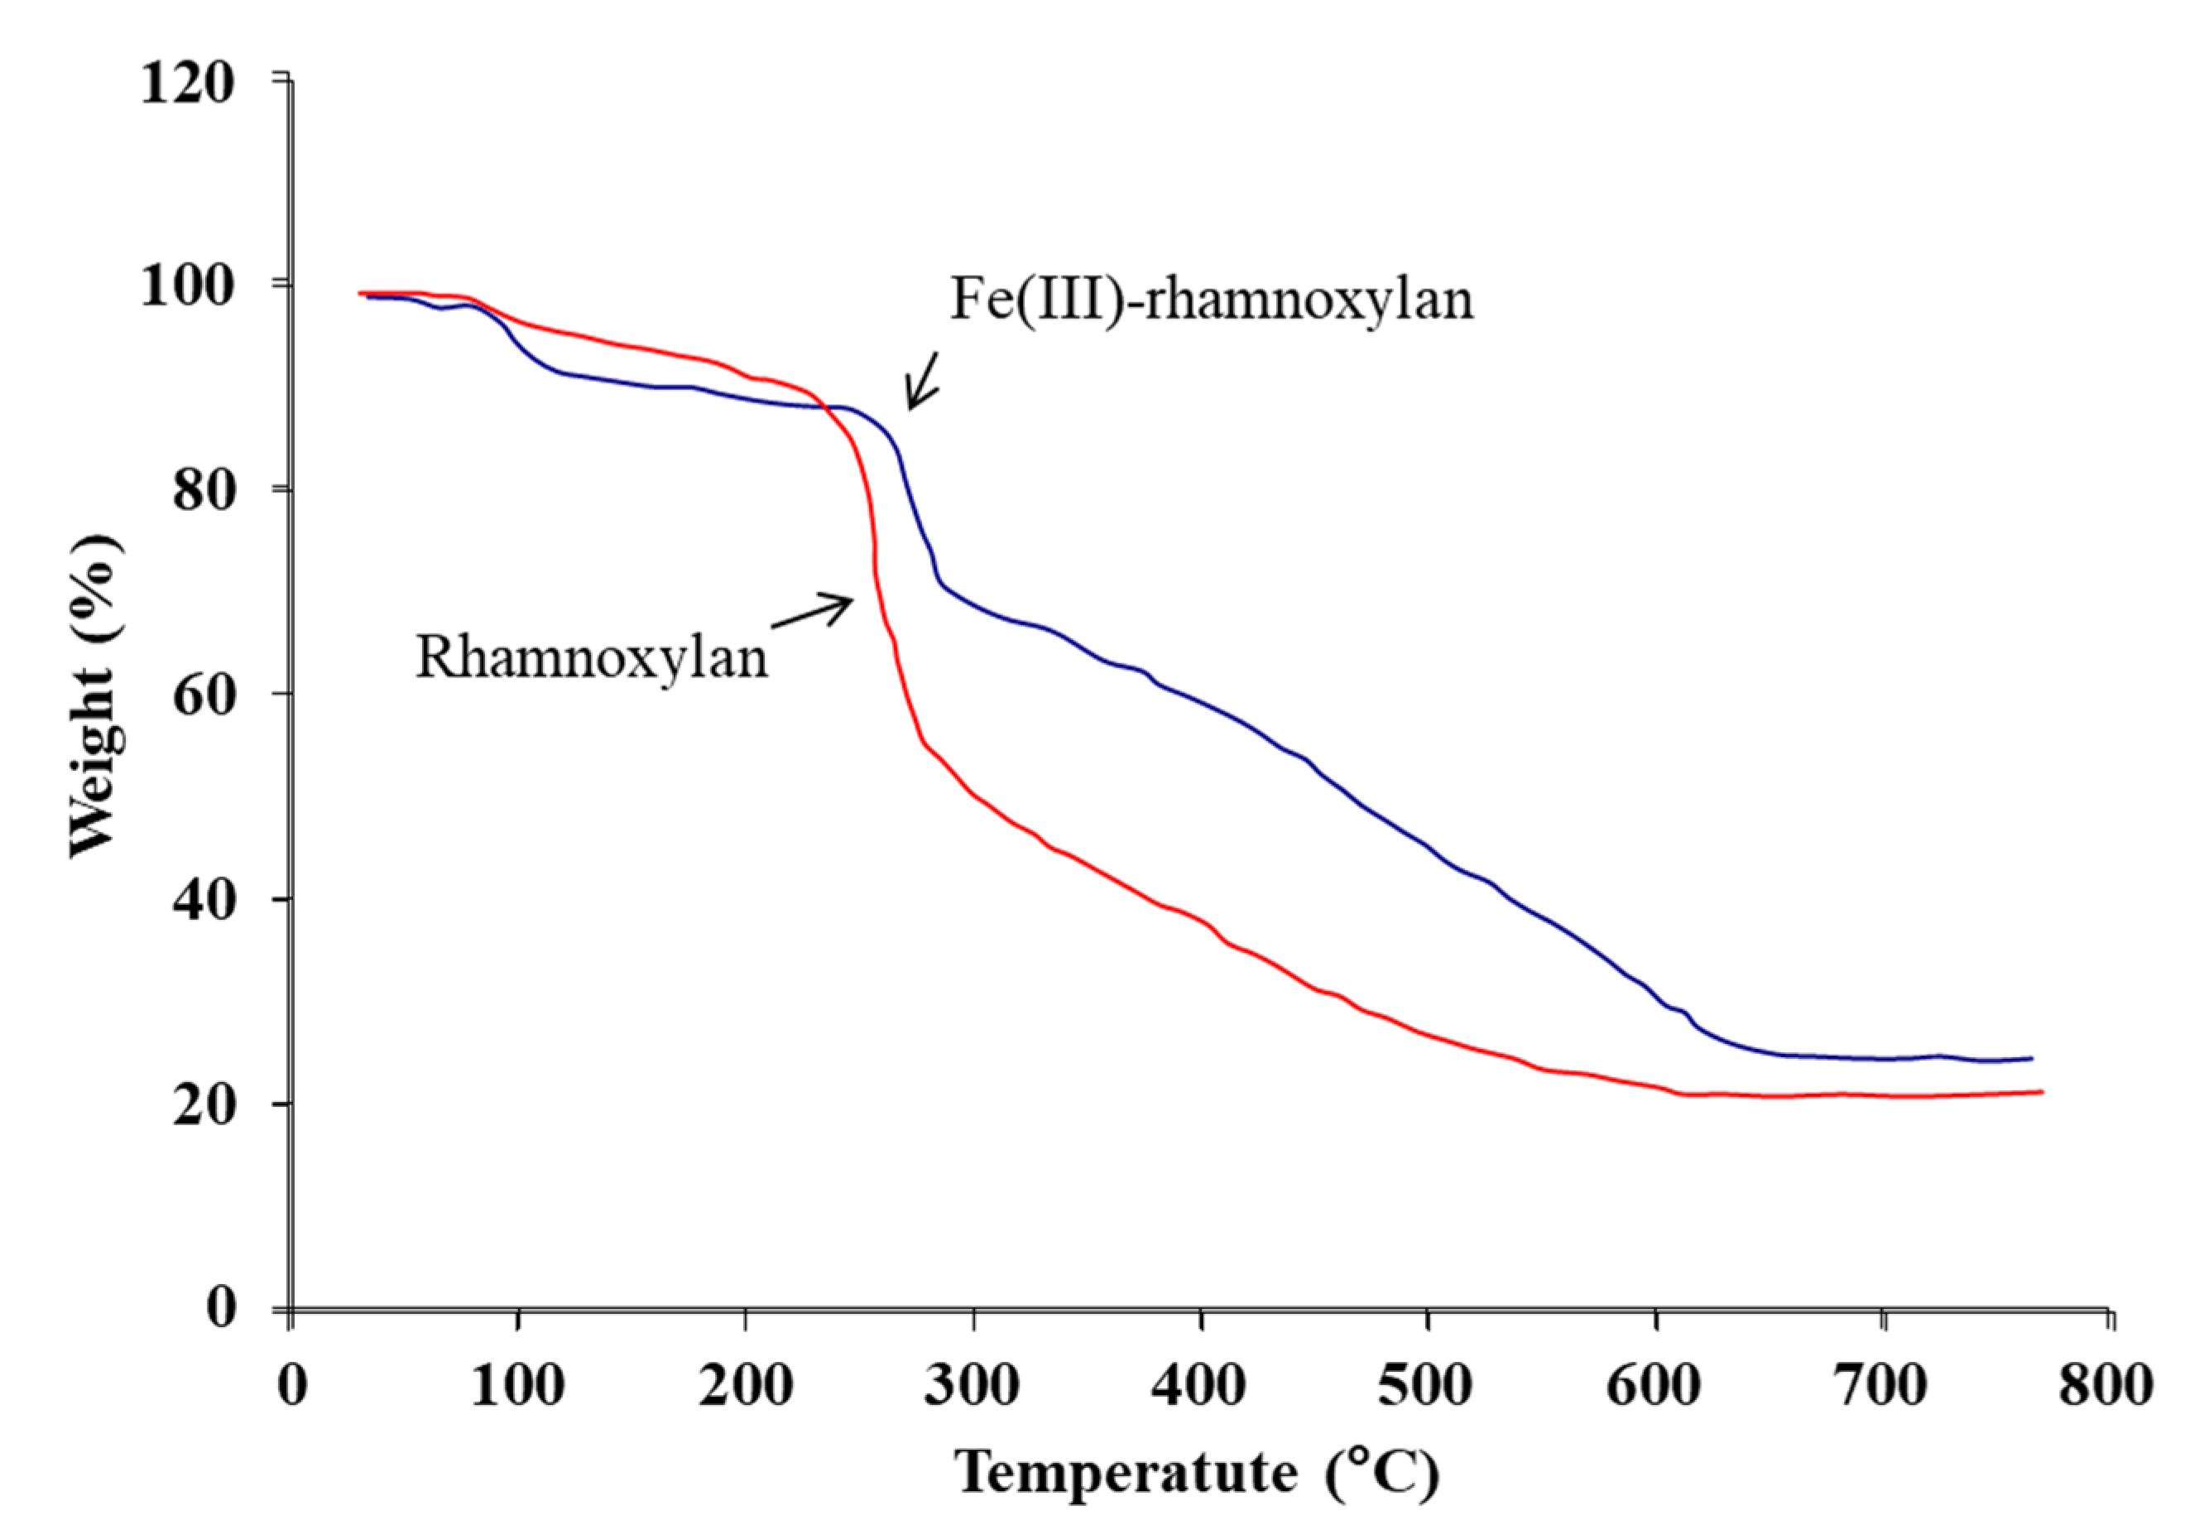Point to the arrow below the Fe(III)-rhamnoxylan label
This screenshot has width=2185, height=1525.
pos(922,381)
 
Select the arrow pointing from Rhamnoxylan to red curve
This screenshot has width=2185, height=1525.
pos(812,611)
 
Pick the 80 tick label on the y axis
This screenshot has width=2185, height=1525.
pos(203,490)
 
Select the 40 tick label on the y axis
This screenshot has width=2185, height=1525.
pos(203,900)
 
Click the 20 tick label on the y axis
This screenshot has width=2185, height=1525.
pos(203,1105)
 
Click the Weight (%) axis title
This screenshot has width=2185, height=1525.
pos(95,695)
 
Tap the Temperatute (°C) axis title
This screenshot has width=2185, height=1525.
pos(1197,1473)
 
